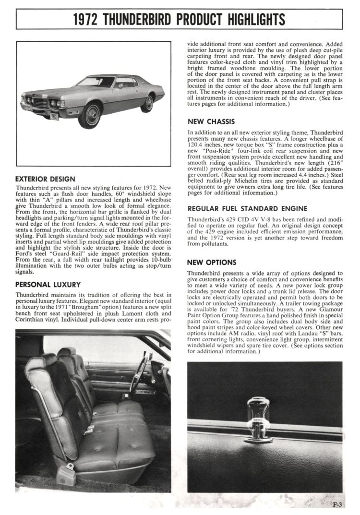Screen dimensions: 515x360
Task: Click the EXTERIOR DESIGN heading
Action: click(45, 179)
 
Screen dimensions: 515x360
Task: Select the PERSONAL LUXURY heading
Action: click(48, 285)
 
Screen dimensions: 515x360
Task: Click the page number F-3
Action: click(339, 504)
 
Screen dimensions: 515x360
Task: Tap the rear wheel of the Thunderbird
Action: click(147, 103)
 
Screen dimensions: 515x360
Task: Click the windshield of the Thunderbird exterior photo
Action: click(96, 82)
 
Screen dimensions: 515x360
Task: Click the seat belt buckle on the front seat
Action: click(88, 430)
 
